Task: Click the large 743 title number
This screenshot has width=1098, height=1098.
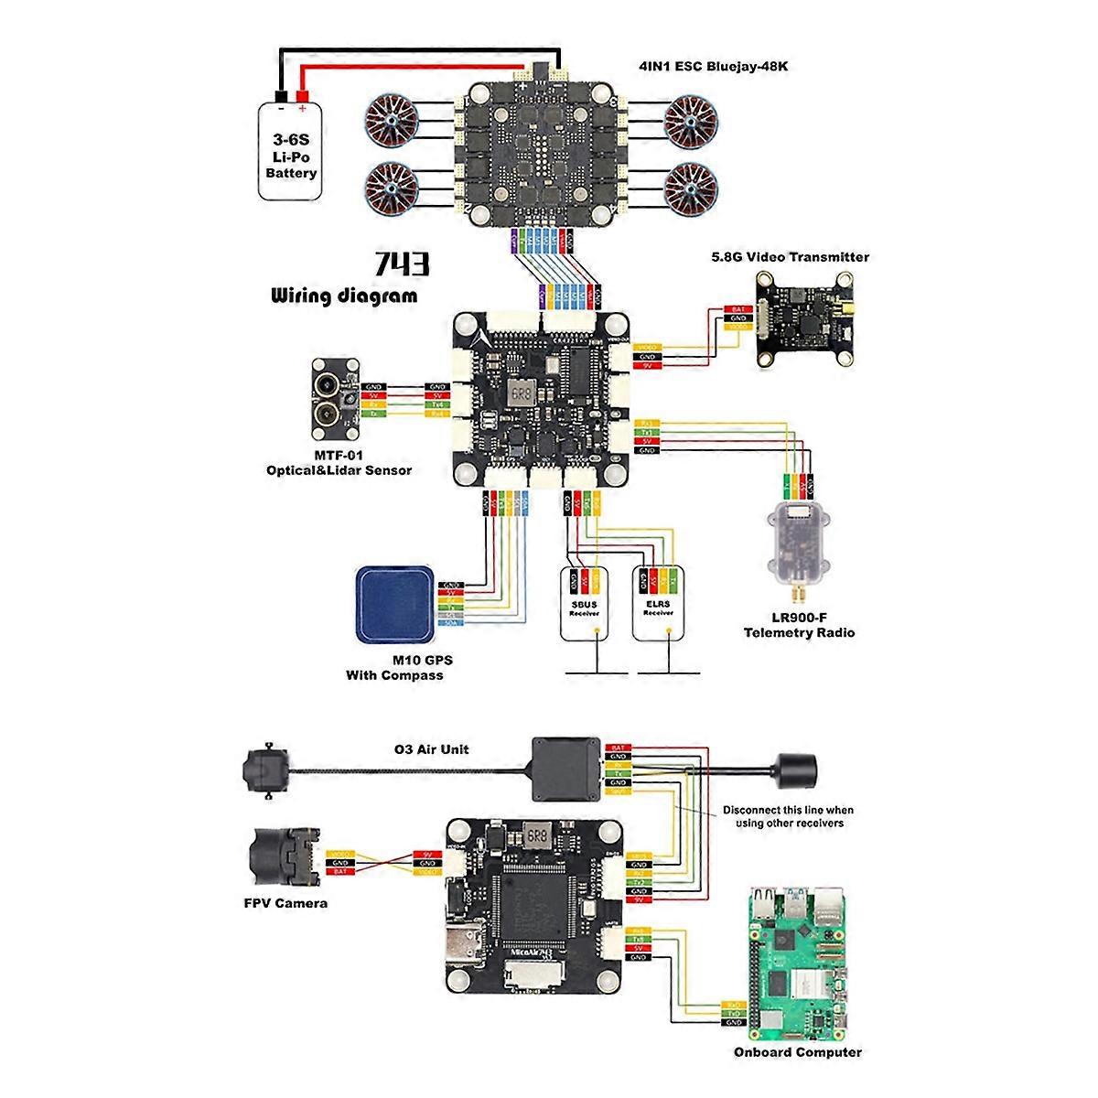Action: pyautogui.click(x=400, y=265)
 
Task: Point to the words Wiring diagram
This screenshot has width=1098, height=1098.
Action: pyautogui.click(x=344, y=296)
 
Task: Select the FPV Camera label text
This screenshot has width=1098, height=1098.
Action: pyautogui.click(x=285, y=903)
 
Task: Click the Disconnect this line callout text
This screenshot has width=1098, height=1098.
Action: pyautogui.click(x=788, y=816)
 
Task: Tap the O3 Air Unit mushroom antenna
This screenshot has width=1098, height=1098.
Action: pyautogui.click(x=795, y=762)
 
